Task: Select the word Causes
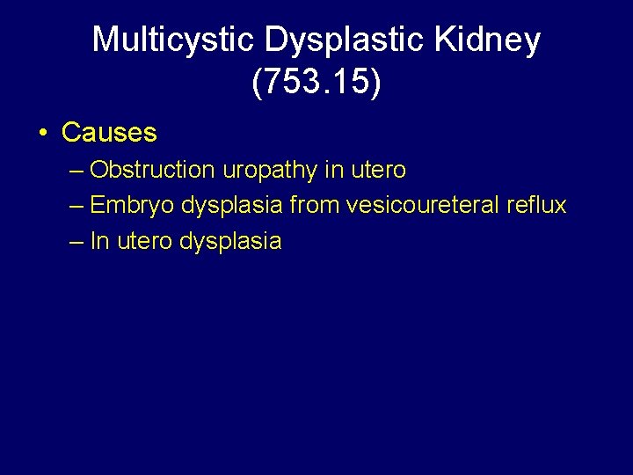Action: tap(109, 134)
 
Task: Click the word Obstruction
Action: tap(152, 169)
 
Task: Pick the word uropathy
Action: tap(269, 170)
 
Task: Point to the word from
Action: tap(314, 205)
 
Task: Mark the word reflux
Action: tap(536, 205)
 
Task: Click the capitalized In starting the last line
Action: tap(99, 241)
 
